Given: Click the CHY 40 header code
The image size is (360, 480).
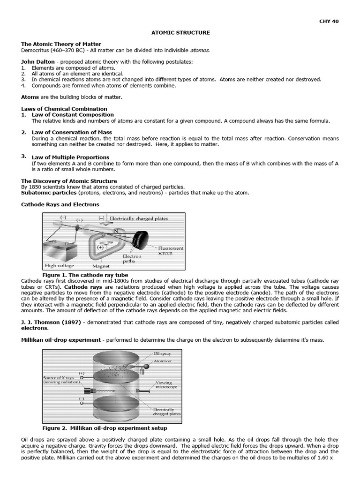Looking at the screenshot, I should click(x=329, y=21).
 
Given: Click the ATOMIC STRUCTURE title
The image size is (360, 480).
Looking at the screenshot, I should click(x=180, y=32).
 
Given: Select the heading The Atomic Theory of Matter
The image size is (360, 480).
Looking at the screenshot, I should click(x=61, y=44).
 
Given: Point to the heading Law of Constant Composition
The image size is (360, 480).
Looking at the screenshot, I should click(x=73, y=114).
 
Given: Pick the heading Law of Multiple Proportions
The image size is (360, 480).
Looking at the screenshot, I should click(x=70, y=157).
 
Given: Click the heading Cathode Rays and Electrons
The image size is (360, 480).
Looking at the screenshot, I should click(x=60, y=204).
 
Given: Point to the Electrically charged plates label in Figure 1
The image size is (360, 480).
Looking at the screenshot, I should click(x=138, y=218).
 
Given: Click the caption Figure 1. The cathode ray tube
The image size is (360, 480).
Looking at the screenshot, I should click(x=85, y=275).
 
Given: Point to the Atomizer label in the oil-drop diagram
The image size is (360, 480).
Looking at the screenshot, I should click(x=163, y=361).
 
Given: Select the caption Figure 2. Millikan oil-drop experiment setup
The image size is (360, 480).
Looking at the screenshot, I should click(x=105, y=428).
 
